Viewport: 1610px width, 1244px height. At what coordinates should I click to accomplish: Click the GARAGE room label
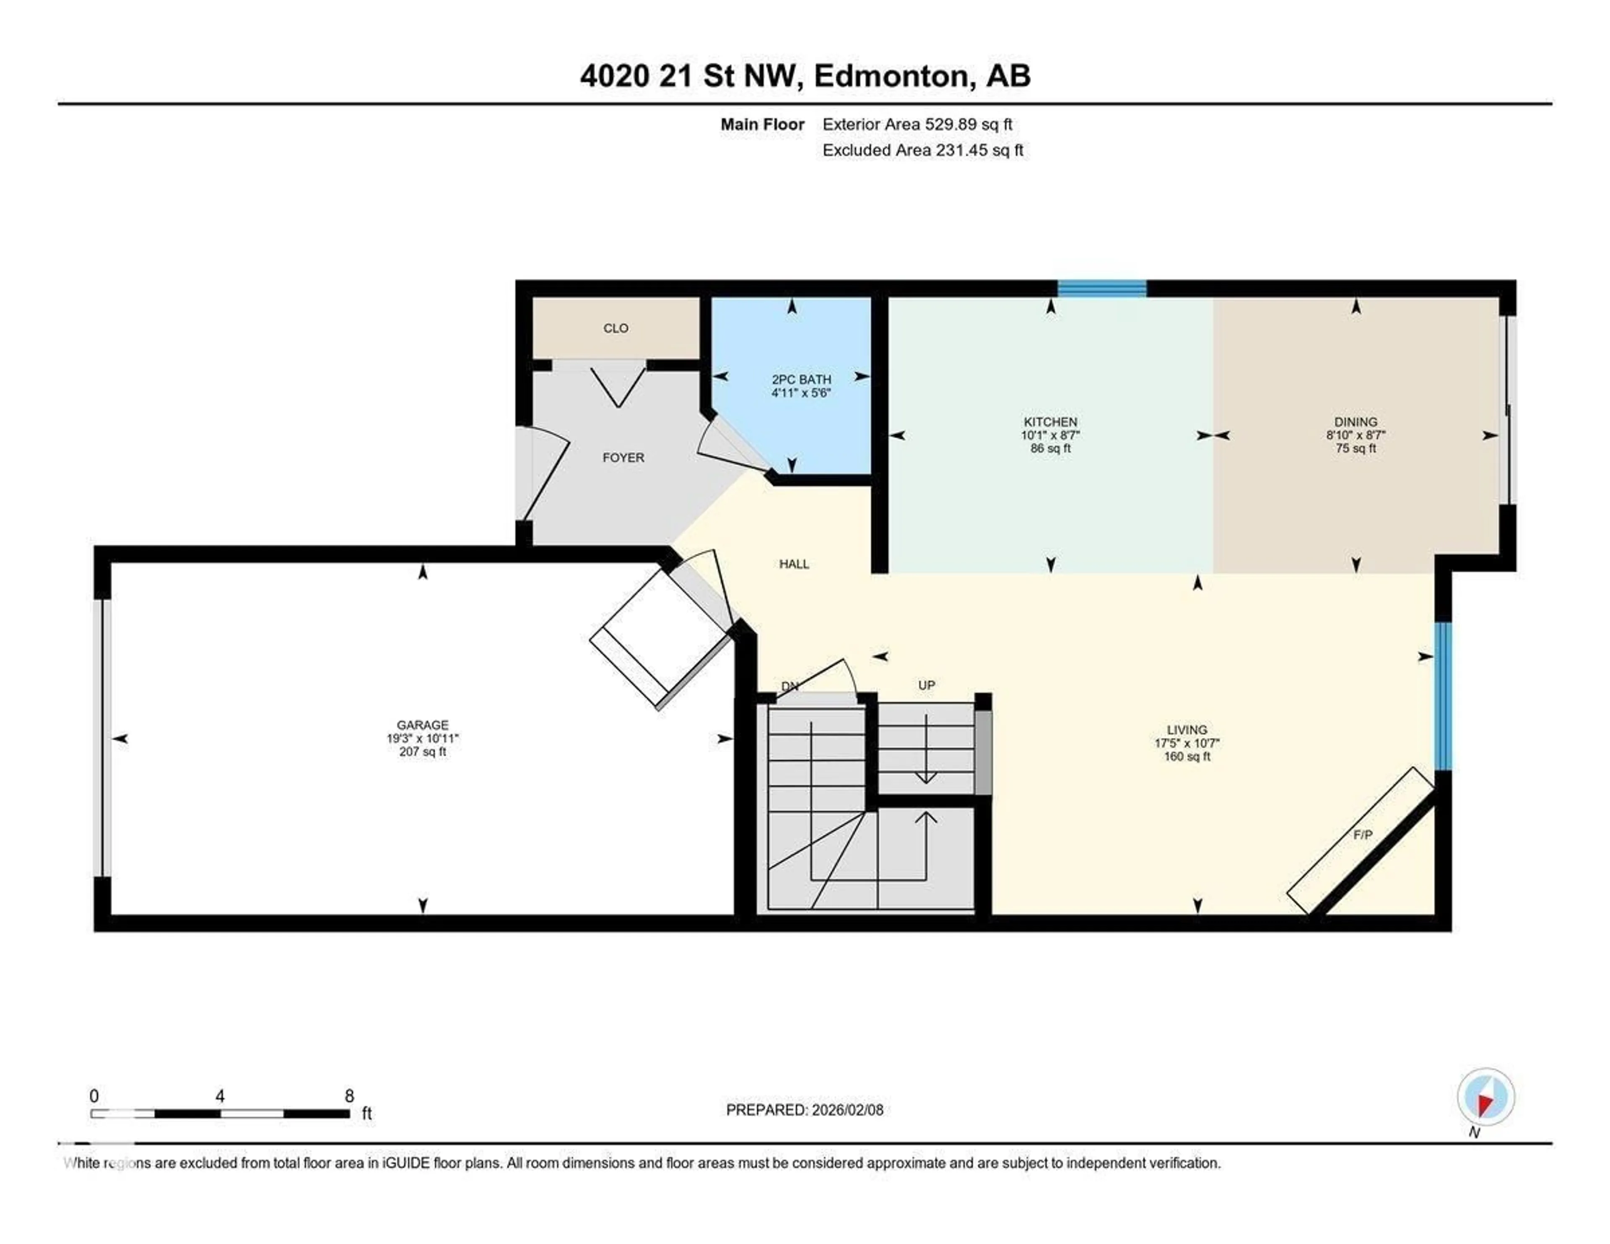pos(422,725)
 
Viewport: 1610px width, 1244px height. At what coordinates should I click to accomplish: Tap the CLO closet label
pos(615,328)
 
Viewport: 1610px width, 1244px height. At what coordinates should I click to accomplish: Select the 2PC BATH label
pos(801,379)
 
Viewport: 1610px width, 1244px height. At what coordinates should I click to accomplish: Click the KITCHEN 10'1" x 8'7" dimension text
pos(1050,435)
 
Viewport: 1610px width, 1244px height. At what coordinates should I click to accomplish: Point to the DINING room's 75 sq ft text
pos(1355,448)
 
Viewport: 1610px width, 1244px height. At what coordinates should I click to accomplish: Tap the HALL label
pos(794,564)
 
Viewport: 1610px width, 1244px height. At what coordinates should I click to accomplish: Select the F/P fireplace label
pos(1362,835)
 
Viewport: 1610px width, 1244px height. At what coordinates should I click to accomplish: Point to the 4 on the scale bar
pos(220,1096)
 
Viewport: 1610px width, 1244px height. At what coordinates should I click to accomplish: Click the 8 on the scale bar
pos(349,1096)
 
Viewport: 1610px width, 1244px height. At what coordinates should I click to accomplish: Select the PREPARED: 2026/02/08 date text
pos(804,1110)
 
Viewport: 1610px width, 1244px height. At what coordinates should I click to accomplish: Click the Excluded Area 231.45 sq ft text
pos(922,151)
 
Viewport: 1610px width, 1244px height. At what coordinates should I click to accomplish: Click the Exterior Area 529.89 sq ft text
pos(917,125)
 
